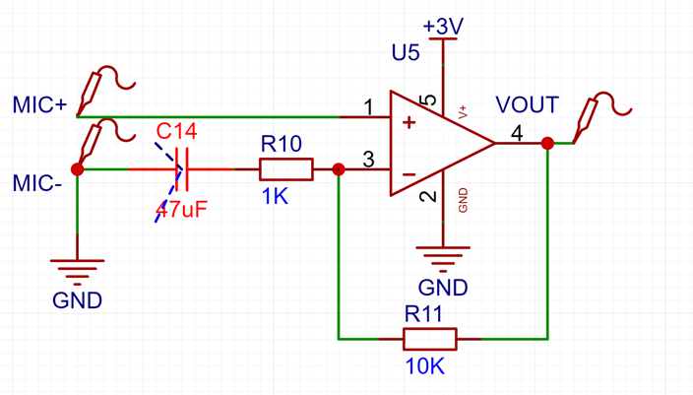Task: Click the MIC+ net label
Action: tap(39, 105)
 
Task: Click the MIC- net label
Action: tap(37, 183)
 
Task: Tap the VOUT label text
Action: tap(527, 104)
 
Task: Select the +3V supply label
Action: tap(443, 27)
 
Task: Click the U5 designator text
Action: tap(406, 52)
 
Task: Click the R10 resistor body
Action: tap(286, 169)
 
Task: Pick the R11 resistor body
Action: tap(429, 339)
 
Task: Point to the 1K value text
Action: tap(275, 196)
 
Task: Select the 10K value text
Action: tap(424, 366)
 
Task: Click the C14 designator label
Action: tap(176, 131)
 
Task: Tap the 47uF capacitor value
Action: tap(182, 210)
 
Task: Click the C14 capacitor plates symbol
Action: tap(182, 169)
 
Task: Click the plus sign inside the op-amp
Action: tap(409, 122)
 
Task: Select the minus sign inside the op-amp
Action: tap(409, 174)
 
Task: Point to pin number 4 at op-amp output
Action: tap(517, 133)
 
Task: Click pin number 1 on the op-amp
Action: tap(368, 107)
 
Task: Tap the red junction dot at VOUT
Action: tap(547, 143)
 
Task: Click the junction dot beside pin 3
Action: tap(339, 169)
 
